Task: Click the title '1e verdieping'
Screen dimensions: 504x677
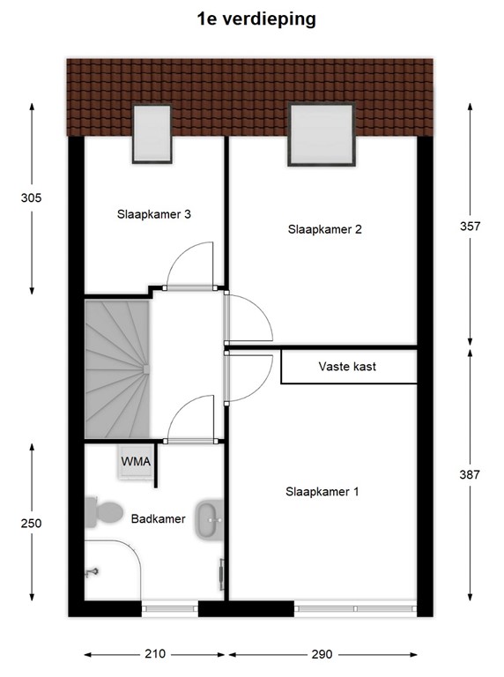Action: click(x=256, y=19)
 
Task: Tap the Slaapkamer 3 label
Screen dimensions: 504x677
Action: click(x=153, y=214)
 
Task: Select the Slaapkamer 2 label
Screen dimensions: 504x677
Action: click(x=324, y=229)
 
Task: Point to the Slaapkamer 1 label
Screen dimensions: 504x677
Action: click(x=322, y=491)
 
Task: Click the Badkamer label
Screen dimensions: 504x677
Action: click(x=158, y=518)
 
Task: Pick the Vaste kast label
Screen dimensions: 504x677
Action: click(x=347, y=367)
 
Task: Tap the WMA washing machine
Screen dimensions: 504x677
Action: click(x=136, y=462)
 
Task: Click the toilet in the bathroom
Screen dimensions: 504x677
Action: click(x=103, y=512)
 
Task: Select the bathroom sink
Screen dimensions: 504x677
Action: click(x=210, y=520)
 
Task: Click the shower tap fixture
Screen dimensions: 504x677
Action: click(x=92, y=572)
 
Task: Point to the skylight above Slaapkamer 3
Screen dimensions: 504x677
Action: click(x=152, y=133)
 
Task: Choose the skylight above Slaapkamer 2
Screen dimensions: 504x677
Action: click(x=322, y=134)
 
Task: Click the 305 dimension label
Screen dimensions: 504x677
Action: click(x=31, y=197)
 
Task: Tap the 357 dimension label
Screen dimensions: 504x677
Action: click(x=470, y=227)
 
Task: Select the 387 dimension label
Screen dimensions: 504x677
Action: click(x=470, y=474)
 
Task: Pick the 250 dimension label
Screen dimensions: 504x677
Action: click(x=31, y=524)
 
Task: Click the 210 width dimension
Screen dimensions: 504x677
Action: click(x=155, y=654)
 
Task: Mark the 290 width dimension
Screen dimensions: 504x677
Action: click(x=322, y=654)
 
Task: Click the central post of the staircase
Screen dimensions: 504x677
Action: click(x=146, y=369)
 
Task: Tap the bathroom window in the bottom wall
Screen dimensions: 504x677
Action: click(x=169, y=609)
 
